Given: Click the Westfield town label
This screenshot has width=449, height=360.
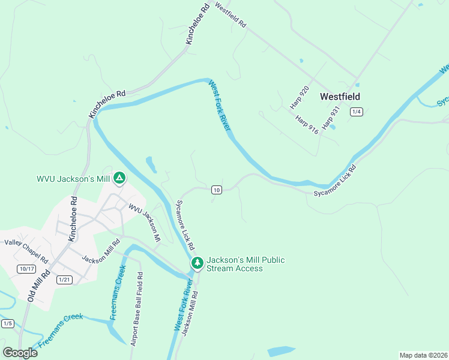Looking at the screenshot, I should (x=340, y=96).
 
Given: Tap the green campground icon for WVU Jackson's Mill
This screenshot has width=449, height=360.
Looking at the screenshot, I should (x=119, y=178).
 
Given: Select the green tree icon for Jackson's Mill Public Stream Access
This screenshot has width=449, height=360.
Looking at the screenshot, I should (x=197, y=263).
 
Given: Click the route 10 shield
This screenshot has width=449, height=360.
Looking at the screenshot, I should (x=217, y=190).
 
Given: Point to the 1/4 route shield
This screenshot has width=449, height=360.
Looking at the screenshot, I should (x=357, y=112).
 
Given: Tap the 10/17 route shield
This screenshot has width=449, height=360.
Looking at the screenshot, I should (x=26, y=268).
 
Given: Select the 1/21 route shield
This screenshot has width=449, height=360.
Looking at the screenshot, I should (x=64, y=280).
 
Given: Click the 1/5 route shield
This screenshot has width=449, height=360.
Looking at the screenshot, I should (x=8, y=323).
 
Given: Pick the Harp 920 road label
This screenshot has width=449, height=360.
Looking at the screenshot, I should (x=300, y=97).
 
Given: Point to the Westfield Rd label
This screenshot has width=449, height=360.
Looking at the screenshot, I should (x=231, y=17).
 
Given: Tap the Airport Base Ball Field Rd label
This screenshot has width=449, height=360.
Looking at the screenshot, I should (x=136, y=309).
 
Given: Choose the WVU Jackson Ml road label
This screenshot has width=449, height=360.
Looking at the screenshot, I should (x=145, y=221).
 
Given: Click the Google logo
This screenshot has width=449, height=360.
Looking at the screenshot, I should (x=20, y=352).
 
